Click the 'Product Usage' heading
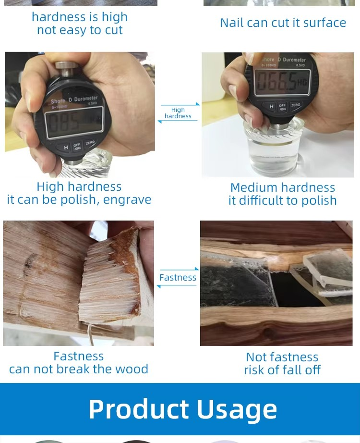click(x=183, y=409)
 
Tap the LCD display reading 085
click(x=74, y=123)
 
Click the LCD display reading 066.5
click(x=282, y=82)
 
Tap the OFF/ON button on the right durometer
click(x=282, y=107)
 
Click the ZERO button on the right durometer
click(x=296, y=105)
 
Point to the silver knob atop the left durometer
click(x=66, y=68)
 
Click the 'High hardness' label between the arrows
click(x=178, y=113)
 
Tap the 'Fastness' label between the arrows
click(x=178, y=278)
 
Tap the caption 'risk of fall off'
click(x=282, y=370)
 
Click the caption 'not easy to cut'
click(x=80, y=30)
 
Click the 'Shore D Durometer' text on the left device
click(x=74, y=100)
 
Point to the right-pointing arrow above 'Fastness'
click(x=180, y=269)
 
